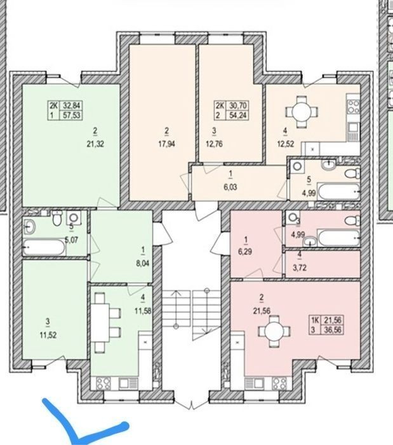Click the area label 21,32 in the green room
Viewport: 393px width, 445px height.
click(x=95, y=144)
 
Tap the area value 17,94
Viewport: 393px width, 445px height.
click(x=166, y=144)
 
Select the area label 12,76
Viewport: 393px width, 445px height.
click(x=214, y=144)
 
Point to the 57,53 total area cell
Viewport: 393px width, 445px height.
click(x=72, y=115)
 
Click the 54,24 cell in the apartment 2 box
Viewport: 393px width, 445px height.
click(x=238, y=115)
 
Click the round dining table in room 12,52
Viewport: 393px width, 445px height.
click(x=302, y=112)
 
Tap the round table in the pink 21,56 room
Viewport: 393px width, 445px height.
click(x=274, y=331)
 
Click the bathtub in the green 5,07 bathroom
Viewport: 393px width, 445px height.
click(x=44, y=248)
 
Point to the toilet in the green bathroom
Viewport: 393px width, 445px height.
click(x=57, y=217)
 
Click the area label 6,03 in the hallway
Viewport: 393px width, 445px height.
click(x=230, y=187)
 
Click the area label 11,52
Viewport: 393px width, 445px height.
click(x=48, y=335)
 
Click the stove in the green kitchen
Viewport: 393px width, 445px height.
click(x=103, y=384)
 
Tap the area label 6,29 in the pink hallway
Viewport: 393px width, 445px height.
click(x=245, y=252)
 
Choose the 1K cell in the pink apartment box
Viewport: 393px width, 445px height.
click(x=316, y=320)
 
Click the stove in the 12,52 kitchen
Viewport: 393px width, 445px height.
click(x=353, y=107)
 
